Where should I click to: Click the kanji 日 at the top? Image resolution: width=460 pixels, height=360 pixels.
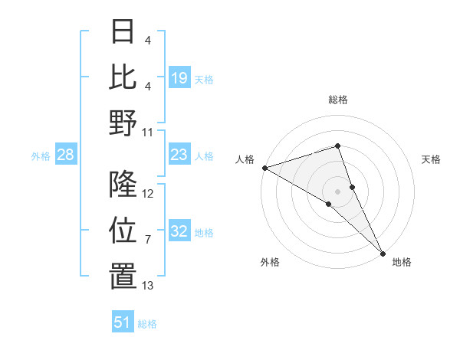123,32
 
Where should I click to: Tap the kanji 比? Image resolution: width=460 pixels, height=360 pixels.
123,77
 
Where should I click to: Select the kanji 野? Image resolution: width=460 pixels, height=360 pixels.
123,123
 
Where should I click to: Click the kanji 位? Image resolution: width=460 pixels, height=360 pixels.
123,231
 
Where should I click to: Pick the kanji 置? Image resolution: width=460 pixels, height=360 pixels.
123,277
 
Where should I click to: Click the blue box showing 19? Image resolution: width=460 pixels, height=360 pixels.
179,78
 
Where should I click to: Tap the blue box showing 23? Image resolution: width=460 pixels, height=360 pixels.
179,155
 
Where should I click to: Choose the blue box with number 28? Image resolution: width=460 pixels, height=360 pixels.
66,155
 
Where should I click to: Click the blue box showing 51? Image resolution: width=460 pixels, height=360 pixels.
123,322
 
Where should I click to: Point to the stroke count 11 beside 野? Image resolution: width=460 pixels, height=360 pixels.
149,132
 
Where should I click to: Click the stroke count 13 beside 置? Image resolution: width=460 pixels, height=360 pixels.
148,286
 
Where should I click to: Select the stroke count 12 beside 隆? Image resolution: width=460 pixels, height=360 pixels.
149,194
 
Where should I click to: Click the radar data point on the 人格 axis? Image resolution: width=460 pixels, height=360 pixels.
264,168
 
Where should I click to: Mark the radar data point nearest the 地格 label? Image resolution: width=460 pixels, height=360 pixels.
383,252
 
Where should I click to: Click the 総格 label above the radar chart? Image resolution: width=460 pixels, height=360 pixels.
337,100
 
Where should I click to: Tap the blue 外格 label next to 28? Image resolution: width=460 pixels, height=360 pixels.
41,156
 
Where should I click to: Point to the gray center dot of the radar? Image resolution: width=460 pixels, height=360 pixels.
337,191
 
